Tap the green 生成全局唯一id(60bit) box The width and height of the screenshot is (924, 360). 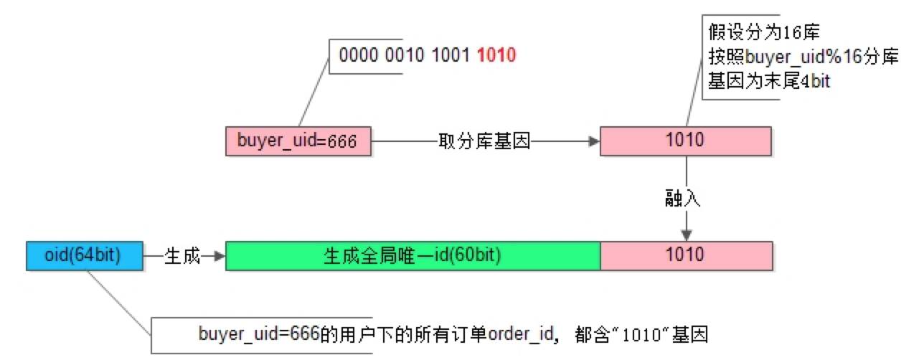tap(412, 255)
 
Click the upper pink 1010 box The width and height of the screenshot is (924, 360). tap(686, 141)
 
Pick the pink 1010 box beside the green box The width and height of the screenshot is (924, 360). tap(686, 255)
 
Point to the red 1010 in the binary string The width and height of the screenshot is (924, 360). tap(496, 55)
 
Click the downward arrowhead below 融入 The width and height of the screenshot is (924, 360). tap(687, 235)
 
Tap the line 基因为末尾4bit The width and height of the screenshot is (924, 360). tap(768, 82)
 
